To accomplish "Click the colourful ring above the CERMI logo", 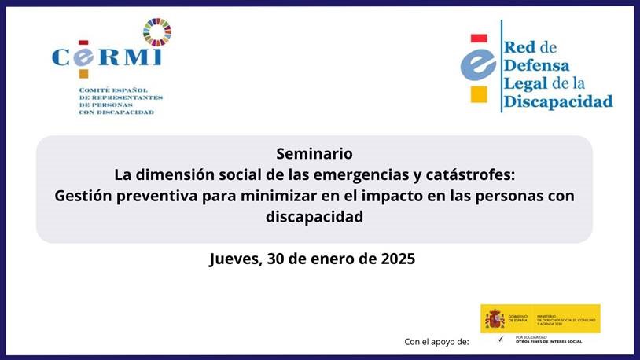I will coord(156,31).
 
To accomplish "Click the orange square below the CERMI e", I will coord(83,74).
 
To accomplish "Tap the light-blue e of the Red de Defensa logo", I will coord(478,67).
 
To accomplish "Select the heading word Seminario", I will coord(314,152).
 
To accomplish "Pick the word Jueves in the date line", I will coord(234,259).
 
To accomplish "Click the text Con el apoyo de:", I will coord(436,341).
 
